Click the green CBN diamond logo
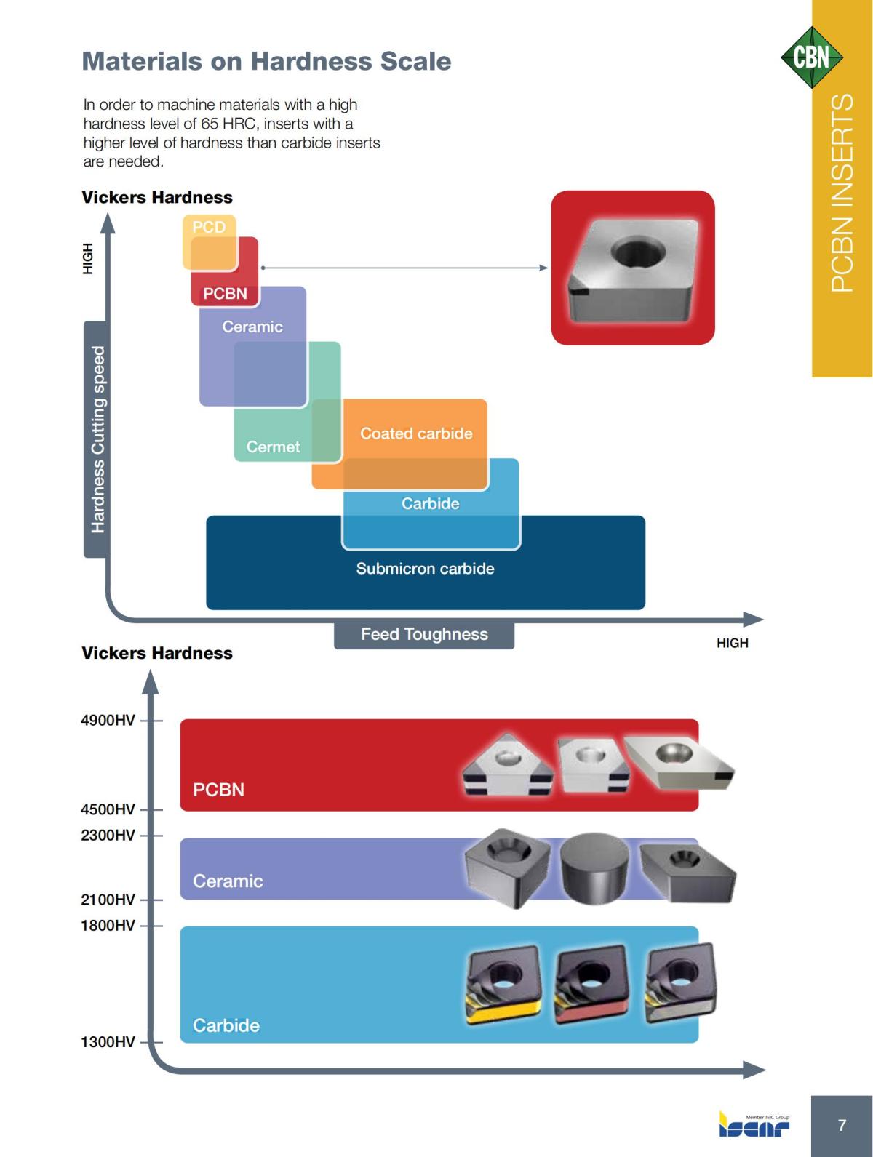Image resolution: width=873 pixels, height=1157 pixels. [811, 57]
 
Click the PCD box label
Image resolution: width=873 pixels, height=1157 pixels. [209, 227]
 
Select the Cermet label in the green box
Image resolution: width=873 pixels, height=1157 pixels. [273, 447]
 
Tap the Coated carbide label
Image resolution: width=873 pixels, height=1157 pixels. [416, 433]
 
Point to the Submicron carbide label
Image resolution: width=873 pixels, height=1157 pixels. [425, 569]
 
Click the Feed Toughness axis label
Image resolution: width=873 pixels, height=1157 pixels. [424, 635]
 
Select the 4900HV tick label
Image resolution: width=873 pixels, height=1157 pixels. [108, 721]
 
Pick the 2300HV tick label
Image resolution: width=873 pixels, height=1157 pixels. [108, 835]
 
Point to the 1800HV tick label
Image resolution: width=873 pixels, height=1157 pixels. [108, 925]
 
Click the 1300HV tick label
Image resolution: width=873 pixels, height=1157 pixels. [108, 1042]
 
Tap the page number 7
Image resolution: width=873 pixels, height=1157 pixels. [842, 1125]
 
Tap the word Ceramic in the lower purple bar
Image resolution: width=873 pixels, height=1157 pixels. [228, 881]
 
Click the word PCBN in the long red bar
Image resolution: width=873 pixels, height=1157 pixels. [218, 790]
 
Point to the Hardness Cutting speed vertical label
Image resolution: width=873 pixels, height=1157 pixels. [97, 439]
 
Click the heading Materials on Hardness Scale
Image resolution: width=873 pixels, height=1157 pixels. [266, 61]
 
